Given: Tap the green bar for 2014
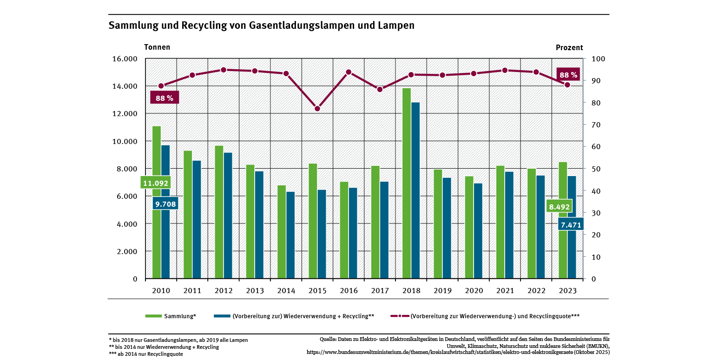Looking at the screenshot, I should point(282,232).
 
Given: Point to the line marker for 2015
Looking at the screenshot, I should point(317,109).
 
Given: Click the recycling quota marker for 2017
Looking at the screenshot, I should point(380,89).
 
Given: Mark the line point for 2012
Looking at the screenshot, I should point(224,70).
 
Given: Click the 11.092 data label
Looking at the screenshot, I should point(155,183).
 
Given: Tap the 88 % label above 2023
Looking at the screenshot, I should point(568,75).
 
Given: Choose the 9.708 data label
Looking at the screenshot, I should point(166,203).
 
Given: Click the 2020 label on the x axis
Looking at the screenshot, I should point(474,291).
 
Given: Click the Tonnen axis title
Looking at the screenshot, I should point(157,47).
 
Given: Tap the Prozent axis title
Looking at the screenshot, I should point(569,47).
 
